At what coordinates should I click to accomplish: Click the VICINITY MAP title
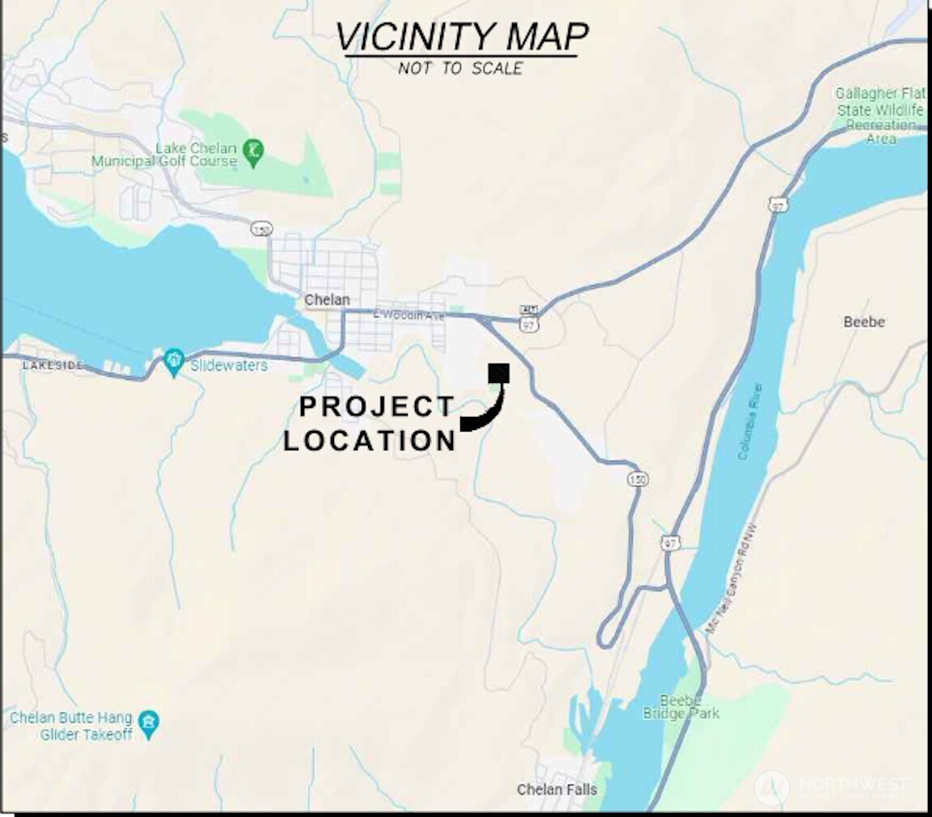461,36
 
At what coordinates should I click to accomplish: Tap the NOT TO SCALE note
460,69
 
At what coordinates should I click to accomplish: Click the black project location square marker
498,373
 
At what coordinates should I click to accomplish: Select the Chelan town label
327,300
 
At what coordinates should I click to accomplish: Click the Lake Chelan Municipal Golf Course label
164,155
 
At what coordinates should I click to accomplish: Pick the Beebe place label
864,322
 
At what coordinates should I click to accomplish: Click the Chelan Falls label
557,789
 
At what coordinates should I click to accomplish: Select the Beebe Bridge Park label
680,707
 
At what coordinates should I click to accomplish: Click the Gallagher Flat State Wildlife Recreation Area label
879,116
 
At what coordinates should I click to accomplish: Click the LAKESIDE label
52,366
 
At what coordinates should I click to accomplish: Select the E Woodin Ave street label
409,315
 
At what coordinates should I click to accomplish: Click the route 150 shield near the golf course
260,229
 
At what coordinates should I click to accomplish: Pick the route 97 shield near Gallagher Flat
778,205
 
